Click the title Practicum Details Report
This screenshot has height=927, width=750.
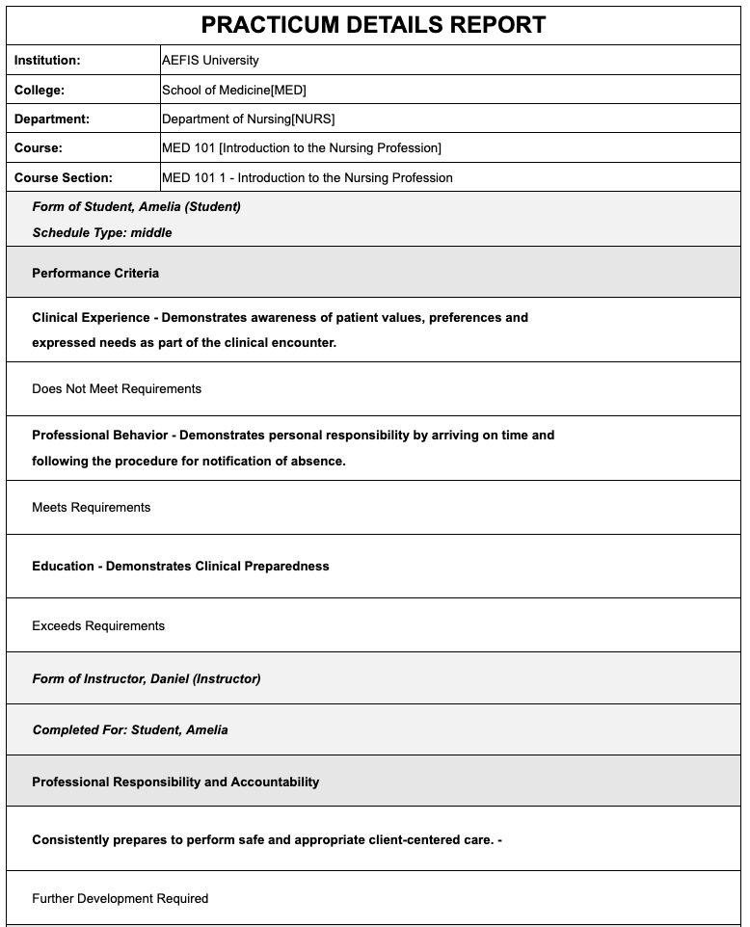coord(374,25)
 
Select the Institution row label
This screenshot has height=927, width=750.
coord(47,60)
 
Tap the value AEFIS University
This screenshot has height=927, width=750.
coord(210,60)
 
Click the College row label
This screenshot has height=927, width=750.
coord(39,90)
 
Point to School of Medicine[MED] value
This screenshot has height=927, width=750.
coord(234,90)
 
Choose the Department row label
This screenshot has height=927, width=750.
coord(52,119)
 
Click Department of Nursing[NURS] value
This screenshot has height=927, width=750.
coord(249,119)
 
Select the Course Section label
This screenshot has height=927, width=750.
coord(64,177)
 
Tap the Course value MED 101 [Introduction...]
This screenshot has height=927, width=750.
coord(302,147)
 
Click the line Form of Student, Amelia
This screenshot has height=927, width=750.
coord(136,206)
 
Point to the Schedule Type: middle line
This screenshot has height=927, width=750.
coord(102,232)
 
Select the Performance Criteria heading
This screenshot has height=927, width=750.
coord(95,273)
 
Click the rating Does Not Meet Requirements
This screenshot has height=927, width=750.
coord(117,388)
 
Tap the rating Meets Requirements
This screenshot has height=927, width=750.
coord(92,507)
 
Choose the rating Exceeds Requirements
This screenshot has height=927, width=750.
coord(98,625)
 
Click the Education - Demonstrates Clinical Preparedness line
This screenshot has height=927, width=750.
coord(180,566)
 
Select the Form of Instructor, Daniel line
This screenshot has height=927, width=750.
coord(147,678)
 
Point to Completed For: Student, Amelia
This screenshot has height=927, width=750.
coord(130,729)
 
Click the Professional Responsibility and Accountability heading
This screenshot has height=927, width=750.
coord(175,781)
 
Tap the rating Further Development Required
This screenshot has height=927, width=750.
coord(121,898)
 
